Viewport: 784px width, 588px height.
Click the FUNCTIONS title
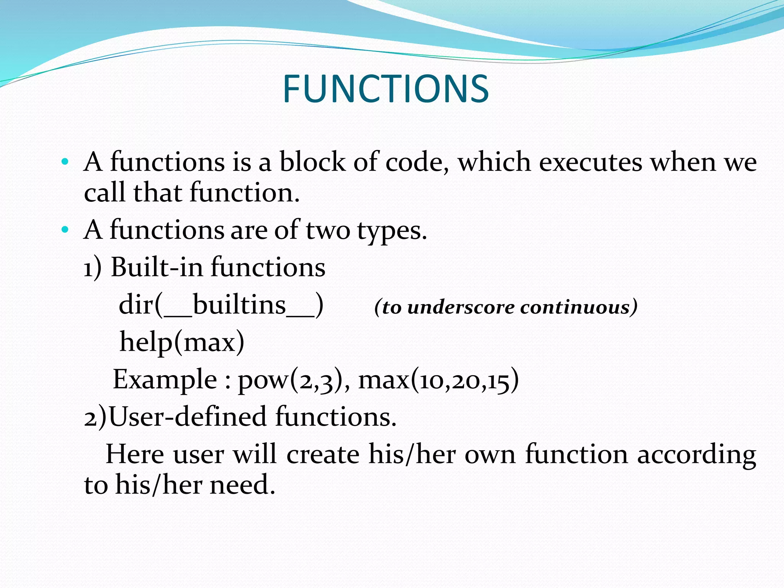pos(385,89)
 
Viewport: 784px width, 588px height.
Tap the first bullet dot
pos(65,162)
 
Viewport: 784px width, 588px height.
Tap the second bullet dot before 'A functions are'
pos(65,230)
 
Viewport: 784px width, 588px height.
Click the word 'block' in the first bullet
pos(312,162)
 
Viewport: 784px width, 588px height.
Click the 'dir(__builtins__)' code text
pos(221,305)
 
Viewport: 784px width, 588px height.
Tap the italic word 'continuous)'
pos(579,307)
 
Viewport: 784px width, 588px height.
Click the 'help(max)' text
pos(182,342)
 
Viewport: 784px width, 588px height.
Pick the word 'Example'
pos(165,380)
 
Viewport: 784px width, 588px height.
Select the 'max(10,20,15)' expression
pos(438,380)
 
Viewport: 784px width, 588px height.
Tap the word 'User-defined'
pos(188,416)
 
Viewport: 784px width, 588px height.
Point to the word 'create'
pos(323,454)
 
